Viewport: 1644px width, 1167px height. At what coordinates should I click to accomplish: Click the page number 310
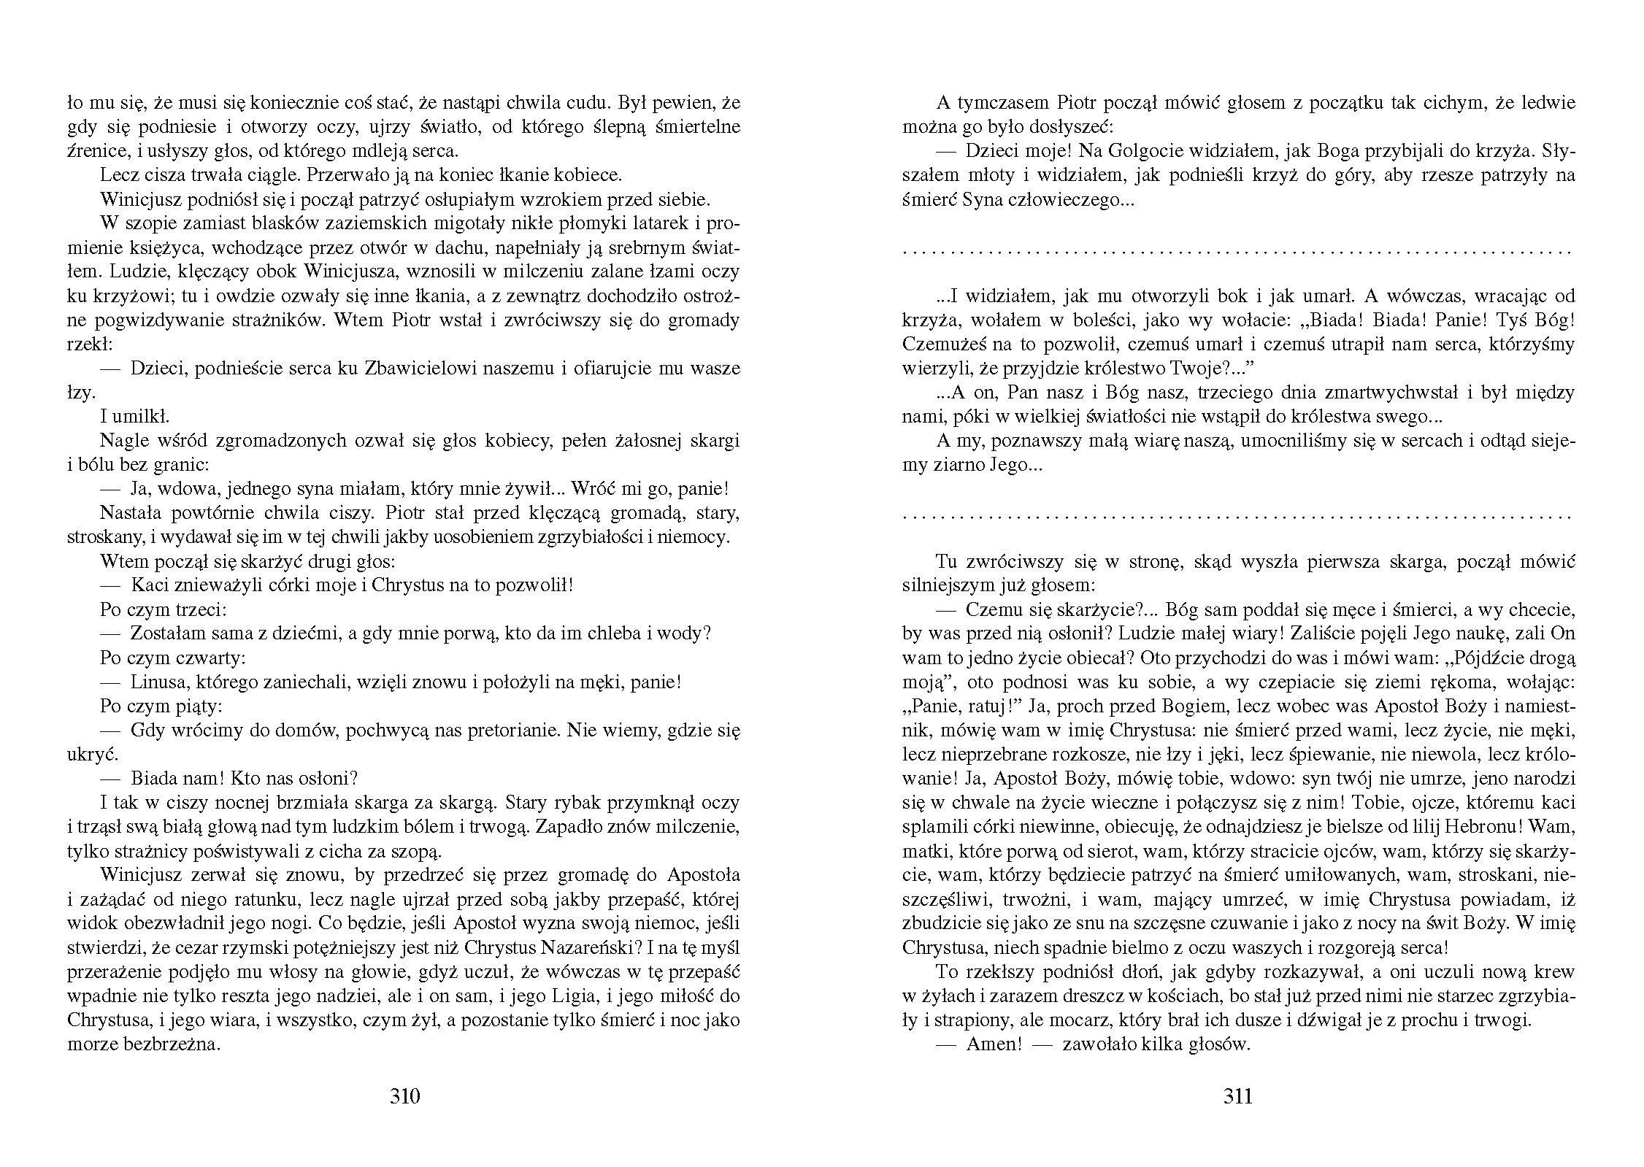405,1096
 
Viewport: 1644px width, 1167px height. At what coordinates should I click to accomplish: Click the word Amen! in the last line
993,1044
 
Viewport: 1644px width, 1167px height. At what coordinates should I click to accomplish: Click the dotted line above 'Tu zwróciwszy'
1237,515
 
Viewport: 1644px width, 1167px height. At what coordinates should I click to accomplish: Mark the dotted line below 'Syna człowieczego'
1237,250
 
